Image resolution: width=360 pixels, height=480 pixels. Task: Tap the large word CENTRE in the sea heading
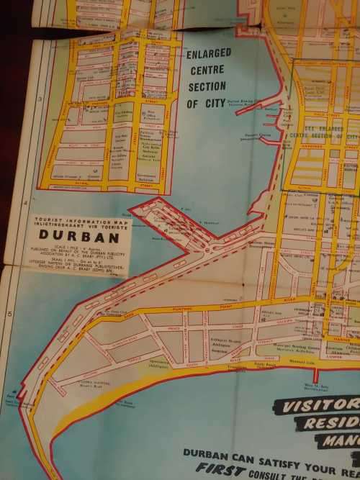tap(206, 71)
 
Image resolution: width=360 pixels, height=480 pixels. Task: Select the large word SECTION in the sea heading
tap(207, 87)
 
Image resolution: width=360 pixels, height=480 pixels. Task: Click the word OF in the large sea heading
tap(192, 104)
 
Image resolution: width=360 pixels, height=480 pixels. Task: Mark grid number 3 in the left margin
tap(40, 100)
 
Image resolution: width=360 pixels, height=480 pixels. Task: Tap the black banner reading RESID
tap(331, 424)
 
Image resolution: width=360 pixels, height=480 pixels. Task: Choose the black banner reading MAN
tap(338, 440)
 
